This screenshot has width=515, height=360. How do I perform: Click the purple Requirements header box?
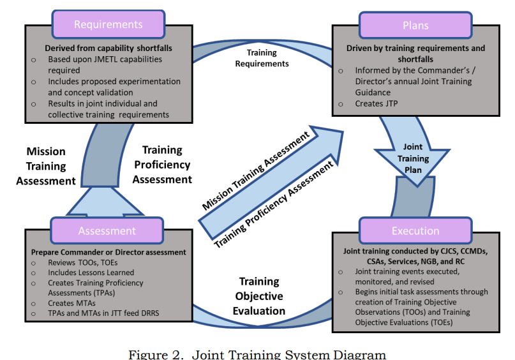pyautogui.click(x=108, y=24)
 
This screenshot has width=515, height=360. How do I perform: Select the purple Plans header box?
pyautogui.click(x=415, y=26)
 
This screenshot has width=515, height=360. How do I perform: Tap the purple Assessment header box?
pyautogui.click(x=107, y=230)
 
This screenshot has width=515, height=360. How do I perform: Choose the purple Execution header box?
pyautogui.click(x=415, y=230)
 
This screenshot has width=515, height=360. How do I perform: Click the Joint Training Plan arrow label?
pyautogui.click(x=413, y=158)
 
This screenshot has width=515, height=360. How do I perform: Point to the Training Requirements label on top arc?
pyautogui.click(x=262, y=58)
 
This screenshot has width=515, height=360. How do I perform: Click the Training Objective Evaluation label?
pyautogui.click(x=259, y=296)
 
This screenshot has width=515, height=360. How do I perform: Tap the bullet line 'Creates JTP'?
pyautogui.click(x=377, y=103)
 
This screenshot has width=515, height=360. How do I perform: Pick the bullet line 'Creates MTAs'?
pyautogui.click(x=71, y=303)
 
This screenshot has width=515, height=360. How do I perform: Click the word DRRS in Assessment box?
pyautogui.click(x=150, y=313)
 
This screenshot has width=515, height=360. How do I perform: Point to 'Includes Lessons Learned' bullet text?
pyautogui.click(x=91, y=273)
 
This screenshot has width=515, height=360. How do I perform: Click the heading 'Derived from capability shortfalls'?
pyautogui.click(x=108, y=48)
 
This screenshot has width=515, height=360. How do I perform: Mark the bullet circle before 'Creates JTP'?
pyautogui.click(x=341, y=104)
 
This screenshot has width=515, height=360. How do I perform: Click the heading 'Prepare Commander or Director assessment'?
pyautogui.click(x=108, y=252)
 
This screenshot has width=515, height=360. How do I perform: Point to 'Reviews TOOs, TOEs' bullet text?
pyautogui.click(x=83, y=262)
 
